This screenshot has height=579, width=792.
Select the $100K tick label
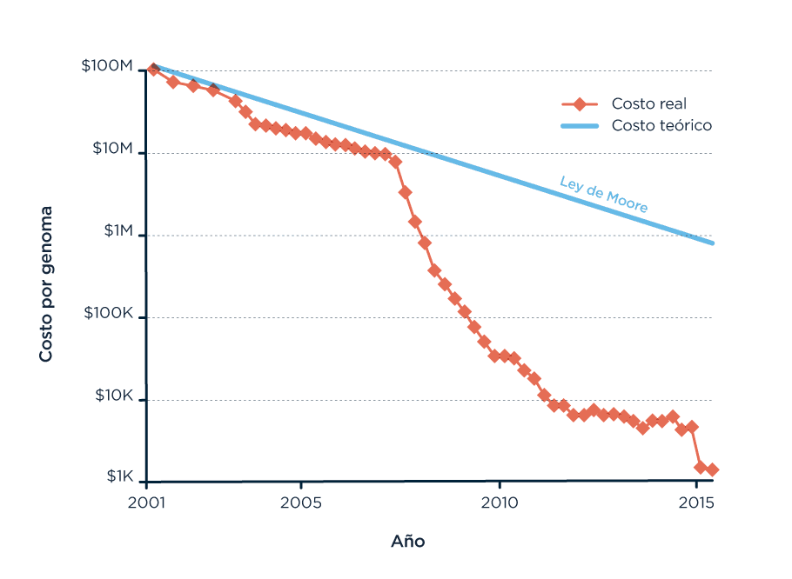click(108, 314)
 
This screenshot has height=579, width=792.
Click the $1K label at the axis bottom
click(119, 476)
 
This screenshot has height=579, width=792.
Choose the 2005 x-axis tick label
click(301, 502)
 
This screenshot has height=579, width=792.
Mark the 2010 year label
click(500, 502)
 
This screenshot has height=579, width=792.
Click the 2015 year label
click(697, 502)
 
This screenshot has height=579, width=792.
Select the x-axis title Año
click(407, 541)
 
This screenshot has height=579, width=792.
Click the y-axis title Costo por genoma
click(45, 284)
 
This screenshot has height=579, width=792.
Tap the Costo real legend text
click(648, 103)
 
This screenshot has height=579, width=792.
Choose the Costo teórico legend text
click(661, 125)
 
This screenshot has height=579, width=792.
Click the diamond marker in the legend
click(579, 104)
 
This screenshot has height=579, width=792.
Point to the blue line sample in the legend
click(579, 125)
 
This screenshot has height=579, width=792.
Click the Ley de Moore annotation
click(603, 195)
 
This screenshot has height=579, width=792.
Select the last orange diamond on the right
click(712, 469)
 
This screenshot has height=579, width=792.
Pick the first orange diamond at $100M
click(153, 70)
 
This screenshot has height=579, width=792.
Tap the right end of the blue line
click(712, 242)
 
